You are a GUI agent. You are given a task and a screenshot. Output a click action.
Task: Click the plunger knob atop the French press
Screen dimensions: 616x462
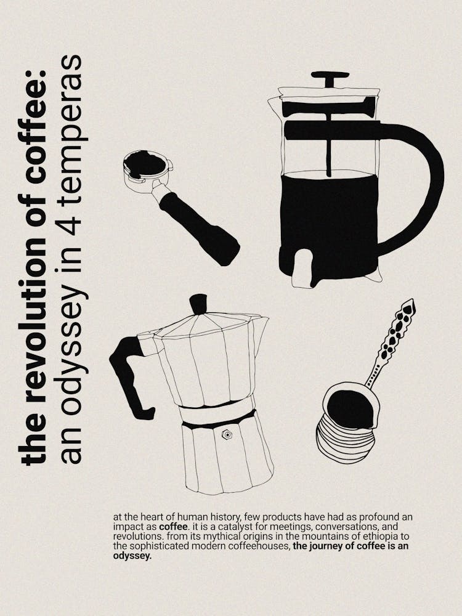click(330, 78)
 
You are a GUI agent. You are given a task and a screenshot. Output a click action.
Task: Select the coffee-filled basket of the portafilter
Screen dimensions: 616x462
click(144, 164)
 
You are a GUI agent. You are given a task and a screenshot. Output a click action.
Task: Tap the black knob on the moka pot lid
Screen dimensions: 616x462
click(198, 304)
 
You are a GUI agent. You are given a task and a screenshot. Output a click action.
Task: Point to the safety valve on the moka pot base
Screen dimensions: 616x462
click(227, 435)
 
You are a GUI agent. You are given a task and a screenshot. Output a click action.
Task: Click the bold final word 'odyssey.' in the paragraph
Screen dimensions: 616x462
click(132, 555)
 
